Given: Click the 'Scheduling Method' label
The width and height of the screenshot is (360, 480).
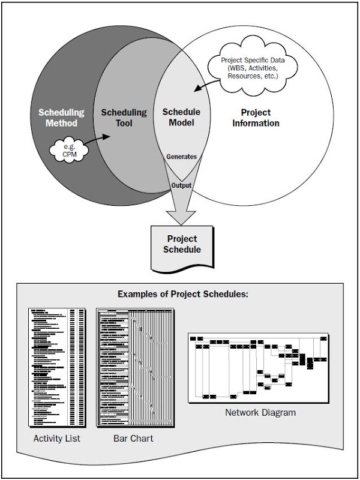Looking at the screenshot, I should tap(61, 117).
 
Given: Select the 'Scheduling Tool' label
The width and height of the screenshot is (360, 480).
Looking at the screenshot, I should tap(124, 117).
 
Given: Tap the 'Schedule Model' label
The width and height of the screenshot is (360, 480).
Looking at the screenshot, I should tap(182, 117).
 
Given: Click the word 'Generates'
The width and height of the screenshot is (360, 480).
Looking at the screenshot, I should tap(182, 156).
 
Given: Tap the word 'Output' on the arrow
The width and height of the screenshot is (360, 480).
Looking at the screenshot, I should tap(181, 185).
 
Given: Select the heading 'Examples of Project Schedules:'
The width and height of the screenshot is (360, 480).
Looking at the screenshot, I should tap(179, 294).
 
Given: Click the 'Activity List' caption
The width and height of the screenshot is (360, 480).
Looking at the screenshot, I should tap(56, 439).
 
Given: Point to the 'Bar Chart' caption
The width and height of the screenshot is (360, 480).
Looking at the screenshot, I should tap(133, 439).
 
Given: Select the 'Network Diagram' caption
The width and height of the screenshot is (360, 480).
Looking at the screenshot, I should tap(260, 413).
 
